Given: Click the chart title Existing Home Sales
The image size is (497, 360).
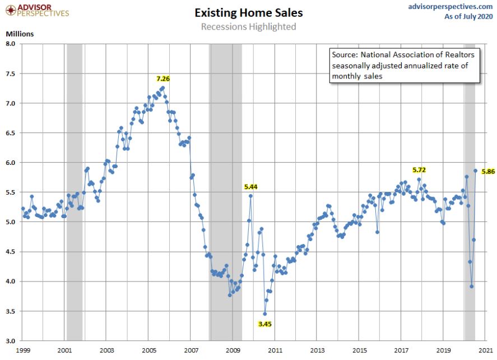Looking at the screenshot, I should pos(249,12).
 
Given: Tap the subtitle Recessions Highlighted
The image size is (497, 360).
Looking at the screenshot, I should pos(248,26).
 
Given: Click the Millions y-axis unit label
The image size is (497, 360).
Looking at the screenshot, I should pos(20,34).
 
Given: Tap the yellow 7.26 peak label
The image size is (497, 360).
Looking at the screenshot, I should pos(162,79).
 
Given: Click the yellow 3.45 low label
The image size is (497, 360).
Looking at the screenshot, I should pos(265,324).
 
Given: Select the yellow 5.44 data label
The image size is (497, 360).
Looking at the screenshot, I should pos(251,187).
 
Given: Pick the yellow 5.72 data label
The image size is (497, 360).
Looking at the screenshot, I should pos(419,169).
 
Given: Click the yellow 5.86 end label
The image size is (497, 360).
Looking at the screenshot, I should pos(487,172).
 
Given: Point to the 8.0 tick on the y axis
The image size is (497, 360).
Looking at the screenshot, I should pos(11,44).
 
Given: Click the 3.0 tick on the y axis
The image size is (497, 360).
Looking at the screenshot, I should pos(11,340).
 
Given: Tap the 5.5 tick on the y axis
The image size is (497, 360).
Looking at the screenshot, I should pos(11,192).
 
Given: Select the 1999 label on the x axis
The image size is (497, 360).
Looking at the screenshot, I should pos(23,350).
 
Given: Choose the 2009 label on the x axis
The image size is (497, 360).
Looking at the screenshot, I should pos(233,350).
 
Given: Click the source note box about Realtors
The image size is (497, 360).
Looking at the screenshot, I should pos(402,65).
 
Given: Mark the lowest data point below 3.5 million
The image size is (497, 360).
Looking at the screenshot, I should pos(265,313).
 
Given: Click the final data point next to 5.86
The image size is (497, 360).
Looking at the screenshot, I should pos(476,171).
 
